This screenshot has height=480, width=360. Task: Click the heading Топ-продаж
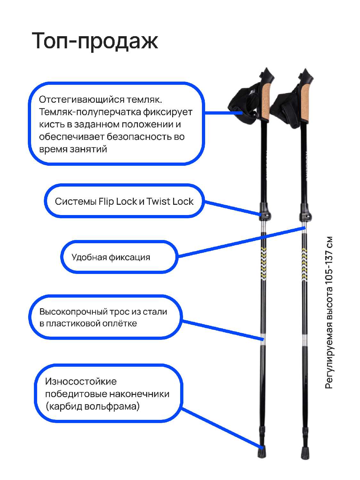click(x=95, y=41)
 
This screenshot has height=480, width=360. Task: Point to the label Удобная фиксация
click(x=111, y=257)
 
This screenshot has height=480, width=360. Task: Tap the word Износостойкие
click(x=81, y=381)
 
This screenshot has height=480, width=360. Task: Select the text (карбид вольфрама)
click(x=92, y=406)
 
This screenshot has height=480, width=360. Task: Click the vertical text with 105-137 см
click(x=329, y=312)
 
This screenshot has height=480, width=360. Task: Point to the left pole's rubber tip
click(x=262, y=452)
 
